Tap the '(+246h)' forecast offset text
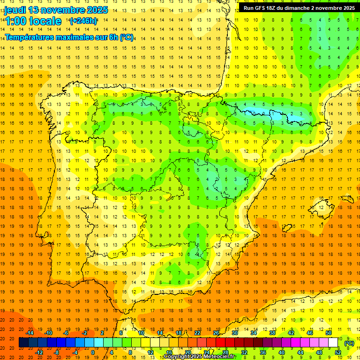(x=83, y=21)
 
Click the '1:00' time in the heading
(x=15, y=21)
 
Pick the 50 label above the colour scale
(x=329, y=333)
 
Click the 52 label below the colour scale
(x=338, y=352)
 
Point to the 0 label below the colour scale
(x=93, y=352)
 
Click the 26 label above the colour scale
(x=216, y=333)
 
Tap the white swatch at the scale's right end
(x=333, y=343)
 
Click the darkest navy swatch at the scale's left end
(x=23, y=343)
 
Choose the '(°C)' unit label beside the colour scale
(x=349, y=343)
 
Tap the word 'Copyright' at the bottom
(x=178, y=357)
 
